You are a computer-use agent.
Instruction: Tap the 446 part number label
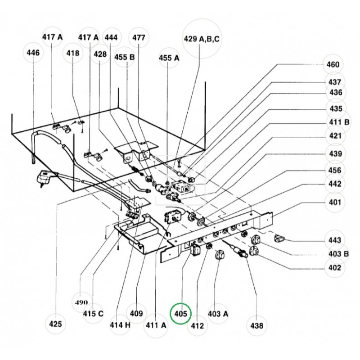[x=33, y=53]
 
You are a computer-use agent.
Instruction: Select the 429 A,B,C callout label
[x=202, y=39]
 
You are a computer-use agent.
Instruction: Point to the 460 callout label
[x=333, y=64]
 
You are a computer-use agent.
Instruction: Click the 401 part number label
[x=334, y=202]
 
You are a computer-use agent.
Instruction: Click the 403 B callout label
[x=338, y=254]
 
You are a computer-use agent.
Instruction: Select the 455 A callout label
[x=169, y=58]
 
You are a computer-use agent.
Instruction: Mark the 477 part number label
[x=139, y=38]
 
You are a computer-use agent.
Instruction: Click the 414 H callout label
[x=119, y=325]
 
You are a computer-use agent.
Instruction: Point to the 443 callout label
[x=334, y=240]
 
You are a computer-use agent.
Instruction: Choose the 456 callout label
[x=334, y=171]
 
